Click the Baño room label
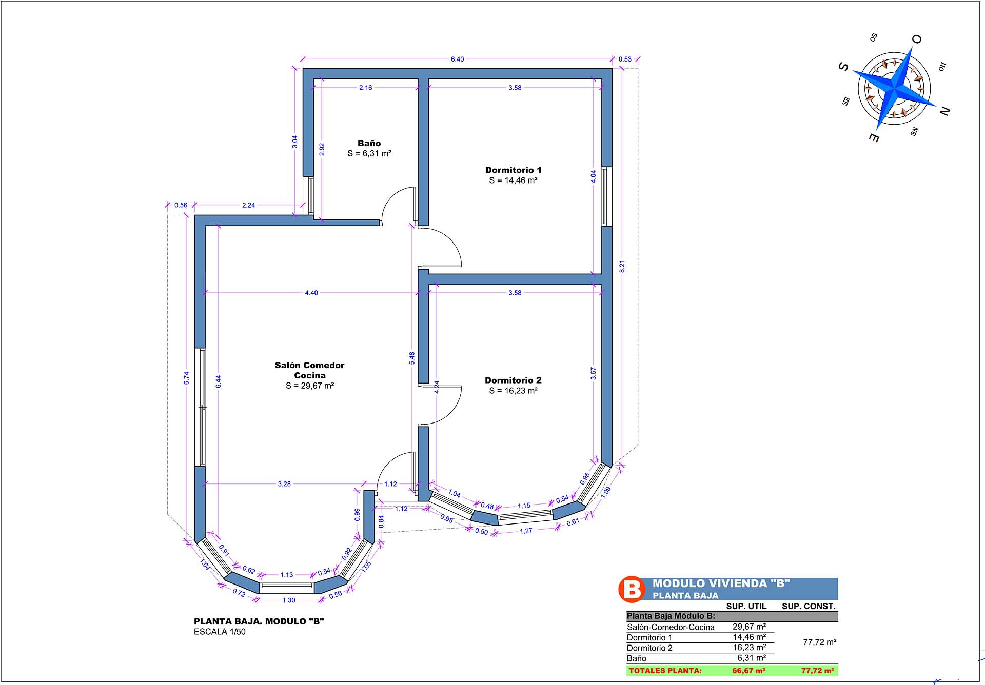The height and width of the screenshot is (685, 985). [369, 144]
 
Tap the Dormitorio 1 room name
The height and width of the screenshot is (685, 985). [514, 170]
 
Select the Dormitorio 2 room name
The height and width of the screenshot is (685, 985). [513, 380]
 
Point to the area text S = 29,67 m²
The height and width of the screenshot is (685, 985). [310, 386]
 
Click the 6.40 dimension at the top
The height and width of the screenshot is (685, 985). [457, 59]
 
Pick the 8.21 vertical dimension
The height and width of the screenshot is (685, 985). [622, 267]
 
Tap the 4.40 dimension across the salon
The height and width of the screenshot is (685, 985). [311, 293]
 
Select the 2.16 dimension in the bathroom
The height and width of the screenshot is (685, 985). [365, 88]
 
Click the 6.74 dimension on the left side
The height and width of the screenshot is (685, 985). [187, 378]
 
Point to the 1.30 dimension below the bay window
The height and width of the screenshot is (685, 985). [289, 600]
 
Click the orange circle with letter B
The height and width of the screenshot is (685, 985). [632, 589]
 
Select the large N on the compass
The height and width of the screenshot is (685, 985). [944, 110]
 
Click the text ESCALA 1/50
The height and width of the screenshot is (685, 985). [220, 632]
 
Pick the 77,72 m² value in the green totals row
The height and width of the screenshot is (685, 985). [818, 670]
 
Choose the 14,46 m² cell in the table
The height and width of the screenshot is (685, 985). [750, 637]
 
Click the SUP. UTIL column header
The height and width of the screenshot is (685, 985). [746, 606]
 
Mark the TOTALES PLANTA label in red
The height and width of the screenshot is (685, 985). [665, 671]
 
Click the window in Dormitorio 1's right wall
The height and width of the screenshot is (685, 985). [607, 196]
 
